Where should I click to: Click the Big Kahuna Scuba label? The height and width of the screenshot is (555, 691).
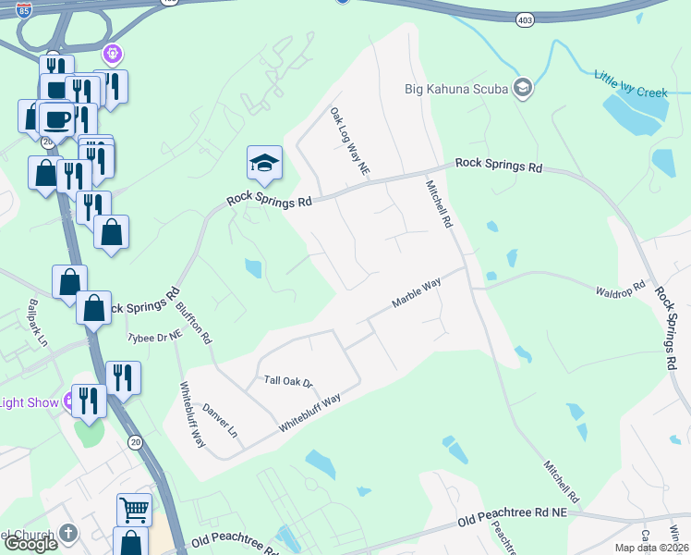456,90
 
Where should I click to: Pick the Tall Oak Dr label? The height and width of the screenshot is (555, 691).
289,381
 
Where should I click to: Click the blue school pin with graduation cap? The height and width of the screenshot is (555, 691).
264,163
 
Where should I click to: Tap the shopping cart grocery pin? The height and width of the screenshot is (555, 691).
134,509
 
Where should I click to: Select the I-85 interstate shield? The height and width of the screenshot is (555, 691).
25,10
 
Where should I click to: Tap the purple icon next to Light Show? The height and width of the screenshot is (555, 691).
68,402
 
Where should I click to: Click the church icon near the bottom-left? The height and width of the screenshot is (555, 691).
68,534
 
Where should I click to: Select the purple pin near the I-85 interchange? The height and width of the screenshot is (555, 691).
113,55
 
